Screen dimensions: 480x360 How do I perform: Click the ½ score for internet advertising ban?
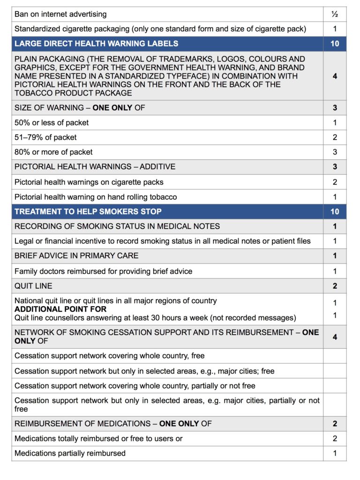(335, 14)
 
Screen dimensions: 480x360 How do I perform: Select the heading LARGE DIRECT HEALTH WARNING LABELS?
(96, 44)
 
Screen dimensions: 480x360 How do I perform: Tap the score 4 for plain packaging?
(335, 76)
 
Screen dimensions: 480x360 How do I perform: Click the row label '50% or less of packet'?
(52, 122)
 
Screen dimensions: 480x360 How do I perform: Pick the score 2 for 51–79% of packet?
(335, 137)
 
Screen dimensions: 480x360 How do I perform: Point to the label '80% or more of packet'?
(53, 152)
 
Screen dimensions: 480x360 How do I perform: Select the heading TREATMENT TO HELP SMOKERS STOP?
(88, 211)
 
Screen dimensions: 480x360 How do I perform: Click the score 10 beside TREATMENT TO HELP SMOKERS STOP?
(335, 211)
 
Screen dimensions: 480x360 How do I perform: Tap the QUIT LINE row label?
(33, 286)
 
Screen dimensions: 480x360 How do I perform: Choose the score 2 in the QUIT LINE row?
(335, 286)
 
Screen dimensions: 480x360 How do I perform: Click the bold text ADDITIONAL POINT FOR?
(60, 309)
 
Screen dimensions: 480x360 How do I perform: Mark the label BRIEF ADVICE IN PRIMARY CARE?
(76, 256)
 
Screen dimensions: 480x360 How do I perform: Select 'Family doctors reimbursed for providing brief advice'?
(103, 271)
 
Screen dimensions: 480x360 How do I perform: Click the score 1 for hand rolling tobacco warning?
(335, 197)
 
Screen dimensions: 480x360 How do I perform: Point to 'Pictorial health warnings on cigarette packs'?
(89, 182)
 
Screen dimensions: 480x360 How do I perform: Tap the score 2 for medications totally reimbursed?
(335, 439)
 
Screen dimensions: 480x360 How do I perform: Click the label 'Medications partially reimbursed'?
(70, 453)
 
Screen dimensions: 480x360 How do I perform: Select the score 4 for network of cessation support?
(335, 337)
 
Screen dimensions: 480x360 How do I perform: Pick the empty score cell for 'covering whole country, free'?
(335, 356)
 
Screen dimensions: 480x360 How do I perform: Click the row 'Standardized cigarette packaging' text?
(160, 29)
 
